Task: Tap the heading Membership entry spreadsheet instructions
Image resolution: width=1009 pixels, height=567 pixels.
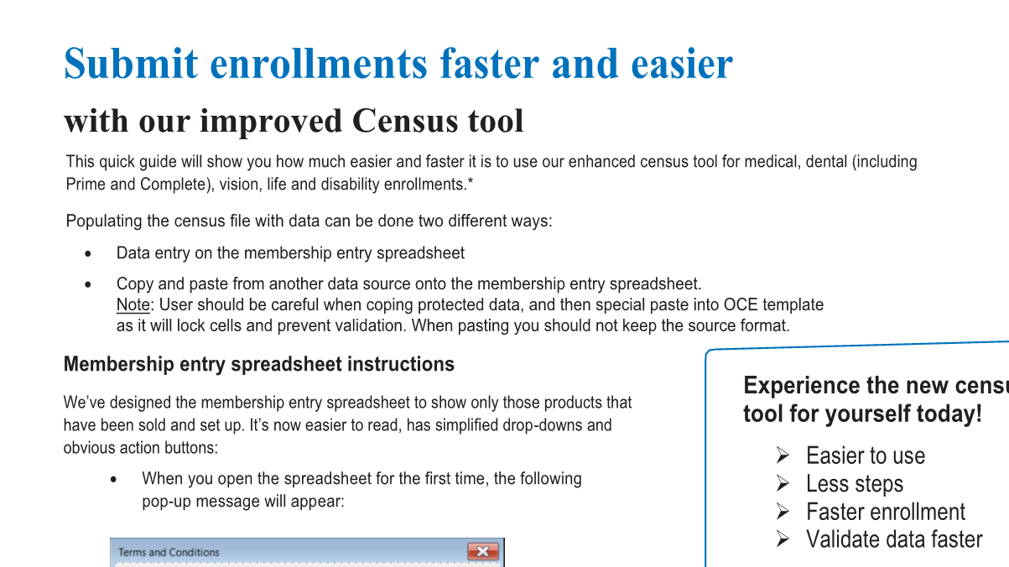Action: click(x=259, y=364)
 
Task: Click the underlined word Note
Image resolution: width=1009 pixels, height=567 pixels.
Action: click(x=133, y=304)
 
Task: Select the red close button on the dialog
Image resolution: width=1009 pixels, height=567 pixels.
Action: click(x=482, y=552)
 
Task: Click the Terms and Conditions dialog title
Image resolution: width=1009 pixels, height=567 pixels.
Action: click(x=169, y=552)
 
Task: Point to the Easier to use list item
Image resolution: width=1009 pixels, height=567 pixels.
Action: click(x=865, y=455)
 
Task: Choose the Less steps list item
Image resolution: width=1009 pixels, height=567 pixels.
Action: click(x=854, y=484)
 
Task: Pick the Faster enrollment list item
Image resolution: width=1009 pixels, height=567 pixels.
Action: click(x=885, y=512)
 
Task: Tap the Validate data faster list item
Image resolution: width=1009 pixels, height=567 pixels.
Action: click(x=893, y=539)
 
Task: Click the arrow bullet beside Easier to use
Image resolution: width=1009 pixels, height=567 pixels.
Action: click(x=783, y=455)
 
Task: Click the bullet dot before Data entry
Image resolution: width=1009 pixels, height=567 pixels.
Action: click(x=90, y=253)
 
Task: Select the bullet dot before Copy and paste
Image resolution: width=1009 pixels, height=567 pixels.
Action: click(x=90, y=284)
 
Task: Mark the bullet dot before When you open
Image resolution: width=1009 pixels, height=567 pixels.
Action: click(x=115, y=480)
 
